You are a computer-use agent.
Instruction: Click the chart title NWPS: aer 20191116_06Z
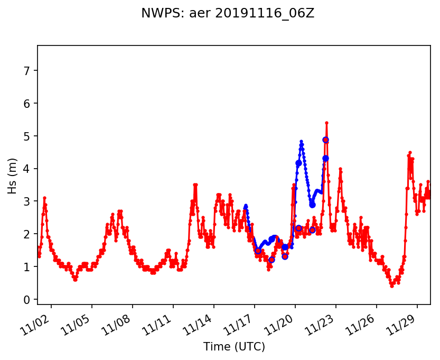(228, 14)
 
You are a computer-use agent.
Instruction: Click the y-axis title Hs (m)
(13, 176)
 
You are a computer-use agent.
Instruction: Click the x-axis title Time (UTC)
(234, 347)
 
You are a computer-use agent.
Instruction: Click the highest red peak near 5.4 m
(326, 123)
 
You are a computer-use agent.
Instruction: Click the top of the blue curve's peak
(301, 142)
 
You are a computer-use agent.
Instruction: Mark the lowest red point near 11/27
(392, 286)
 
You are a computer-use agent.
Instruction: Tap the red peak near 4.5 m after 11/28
(410, 152)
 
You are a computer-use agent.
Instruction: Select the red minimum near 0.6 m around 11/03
(76, 280)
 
